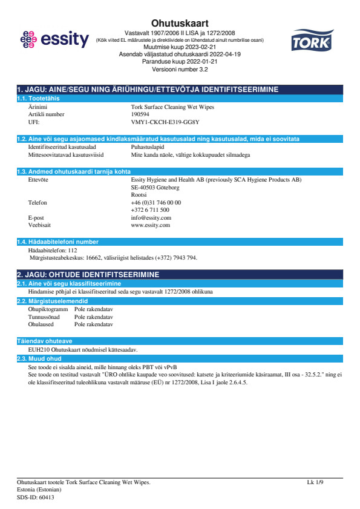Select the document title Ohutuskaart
click(x=179, y=22)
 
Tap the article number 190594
click(x=141, y=114)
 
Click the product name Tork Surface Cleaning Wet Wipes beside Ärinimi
click(x=172, y=107)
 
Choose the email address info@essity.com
click(x=151, y=217)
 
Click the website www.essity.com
click(x=150, y=225)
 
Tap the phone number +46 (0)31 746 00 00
click(x=155, y=202)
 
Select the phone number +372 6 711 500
click(x=150, y=210)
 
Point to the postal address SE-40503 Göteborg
click(x=155, y=188)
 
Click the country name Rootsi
click(x=139, y=195)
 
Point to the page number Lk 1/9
click(x=315, y=482)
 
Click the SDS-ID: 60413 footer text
click(x=35, y=497)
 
